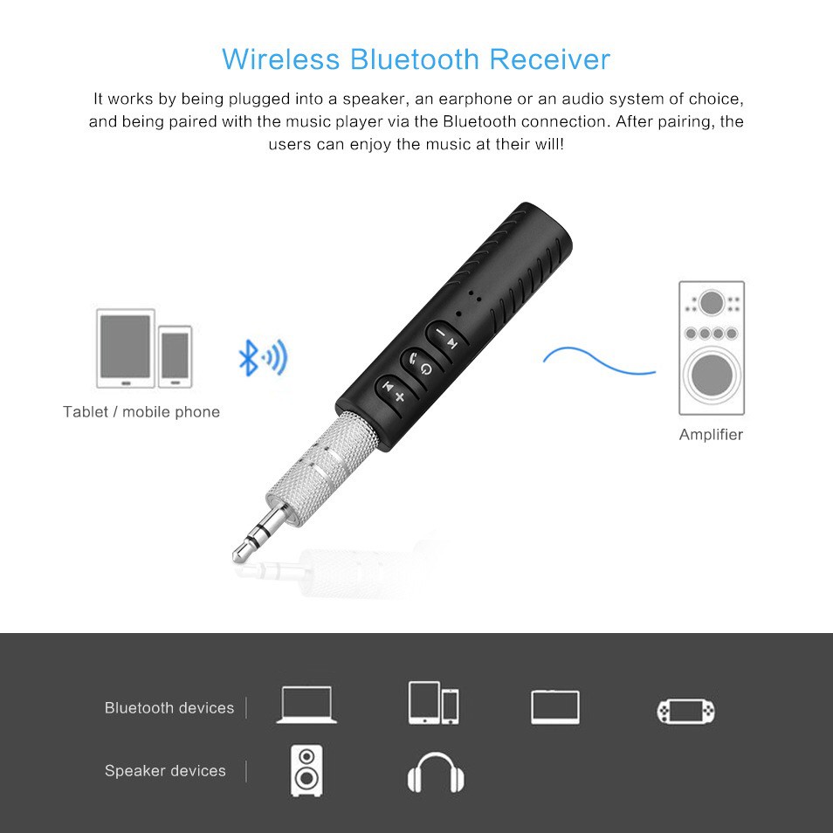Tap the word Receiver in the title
(549, 59)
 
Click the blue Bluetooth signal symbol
(262, 358)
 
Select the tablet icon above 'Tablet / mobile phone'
(126, 348)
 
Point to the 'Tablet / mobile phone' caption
(141, 412)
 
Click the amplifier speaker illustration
(712, 348)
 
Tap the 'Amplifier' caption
(711, 435)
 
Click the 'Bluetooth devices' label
(169, 708)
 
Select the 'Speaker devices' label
(165, 771)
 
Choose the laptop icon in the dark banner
(306, 705)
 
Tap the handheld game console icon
(686, 710)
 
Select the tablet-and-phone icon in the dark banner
(433, 703)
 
